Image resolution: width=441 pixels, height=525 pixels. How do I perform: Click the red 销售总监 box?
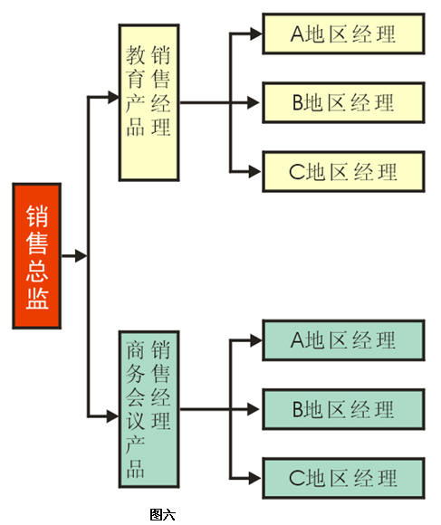tap(37, 256)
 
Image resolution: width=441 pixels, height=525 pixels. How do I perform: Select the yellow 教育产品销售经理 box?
tap(149, 102)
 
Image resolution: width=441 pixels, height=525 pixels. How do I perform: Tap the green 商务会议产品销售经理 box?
tap(149, 409)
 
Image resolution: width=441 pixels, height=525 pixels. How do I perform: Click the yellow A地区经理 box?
tap(343, 33)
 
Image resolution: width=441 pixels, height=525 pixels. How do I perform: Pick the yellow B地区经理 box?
tap(343, 102)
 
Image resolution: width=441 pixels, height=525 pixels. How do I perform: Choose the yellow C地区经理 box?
tap(343, 171)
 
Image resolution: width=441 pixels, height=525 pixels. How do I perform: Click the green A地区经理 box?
tap(343, 340)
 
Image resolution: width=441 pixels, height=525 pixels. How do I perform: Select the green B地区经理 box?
tap(343, 409)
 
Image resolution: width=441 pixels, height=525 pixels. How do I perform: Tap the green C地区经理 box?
tap(343, 478)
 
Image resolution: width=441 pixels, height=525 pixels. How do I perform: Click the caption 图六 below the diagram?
tap(162, 514)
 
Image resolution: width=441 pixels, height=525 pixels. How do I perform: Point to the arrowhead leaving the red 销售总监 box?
tap(81, 256)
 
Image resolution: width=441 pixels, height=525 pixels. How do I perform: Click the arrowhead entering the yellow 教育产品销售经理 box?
tap(113, 97)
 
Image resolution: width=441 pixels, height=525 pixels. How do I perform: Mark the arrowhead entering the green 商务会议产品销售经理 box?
tap(113, 416)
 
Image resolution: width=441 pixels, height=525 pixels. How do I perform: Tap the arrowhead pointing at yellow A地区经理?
tap(256, 33)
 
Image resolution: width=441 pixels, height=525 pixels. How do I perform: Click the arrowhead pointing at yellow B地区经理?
tap(254, 102)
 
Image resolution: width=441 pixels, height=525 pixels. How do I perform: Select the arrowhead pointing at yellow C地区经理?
tap(255, 171)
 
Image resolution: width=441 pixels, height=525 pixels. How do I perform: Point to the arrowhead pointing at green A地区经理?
tap(256, 340)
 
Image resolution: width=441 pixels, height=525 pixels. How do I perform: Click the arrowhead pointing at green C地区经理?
tap(255, 478)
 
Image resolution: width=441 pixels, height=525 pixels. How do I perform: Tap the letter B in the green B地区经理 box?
tap(298, 409)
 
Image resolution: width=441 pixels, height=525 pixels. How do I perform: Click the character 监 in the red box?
tap(37, 299)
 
